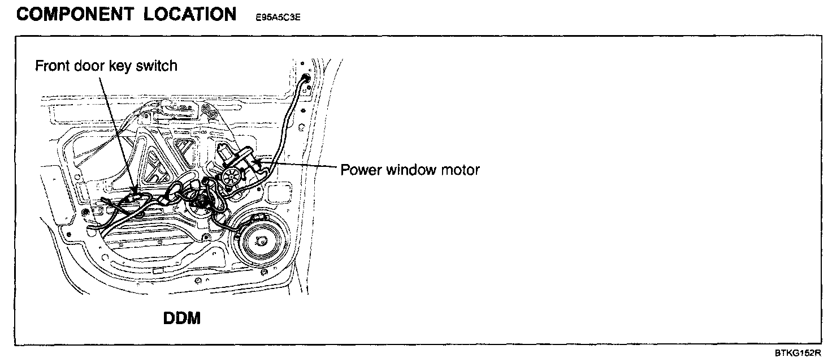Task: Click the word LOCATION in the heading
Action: (x=190, y=14)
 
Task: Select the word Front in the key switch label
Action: (x=53, y=66)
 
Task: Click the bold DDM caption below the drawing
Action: (x=182, y=318)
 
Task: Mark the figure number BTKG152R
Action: (x=797, y=354)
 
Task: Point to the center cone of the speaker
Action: (x=261, y=241)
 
